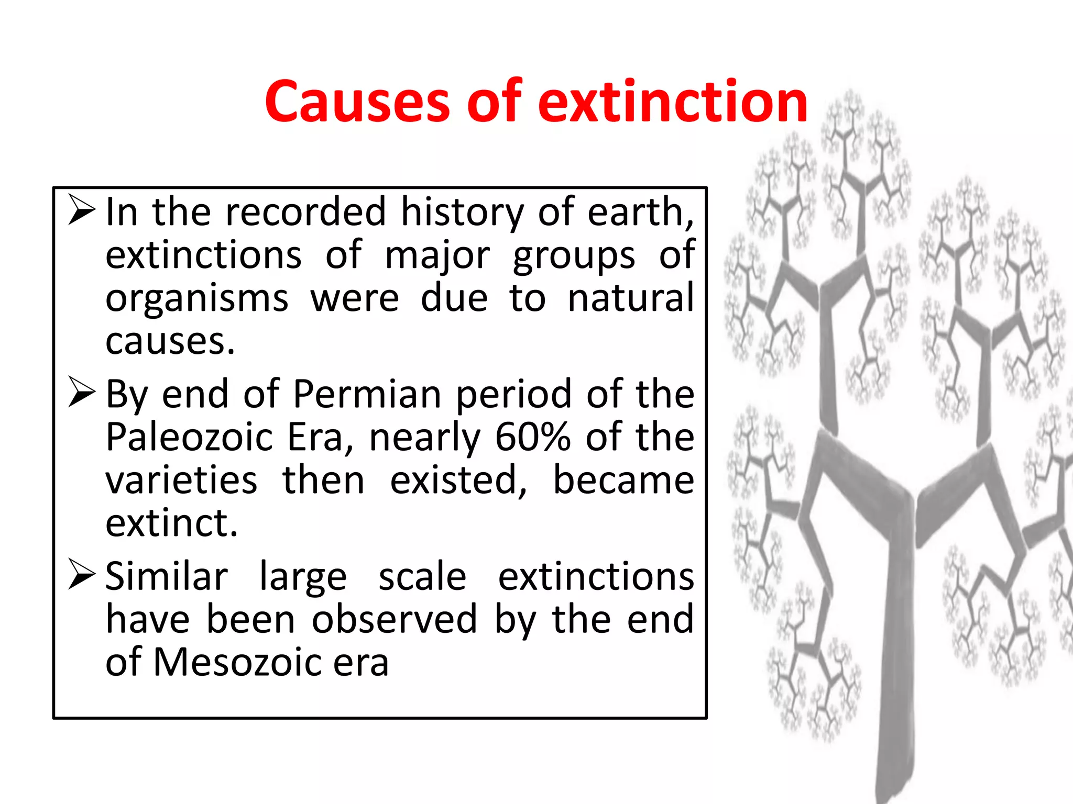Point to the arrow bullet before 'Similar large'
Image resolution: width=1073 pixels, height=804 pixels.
tap(82, 574)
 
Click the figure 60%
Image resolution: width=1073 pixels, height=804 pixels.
tap(532, 437)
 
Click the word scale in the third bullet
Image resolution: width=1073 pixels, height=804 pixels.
tap(422, 576)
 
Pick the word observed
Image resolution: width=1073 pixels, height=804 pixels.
tap(395, 619)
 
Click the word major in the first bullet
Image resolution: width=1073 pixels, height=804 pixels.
tap(437, 255)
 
